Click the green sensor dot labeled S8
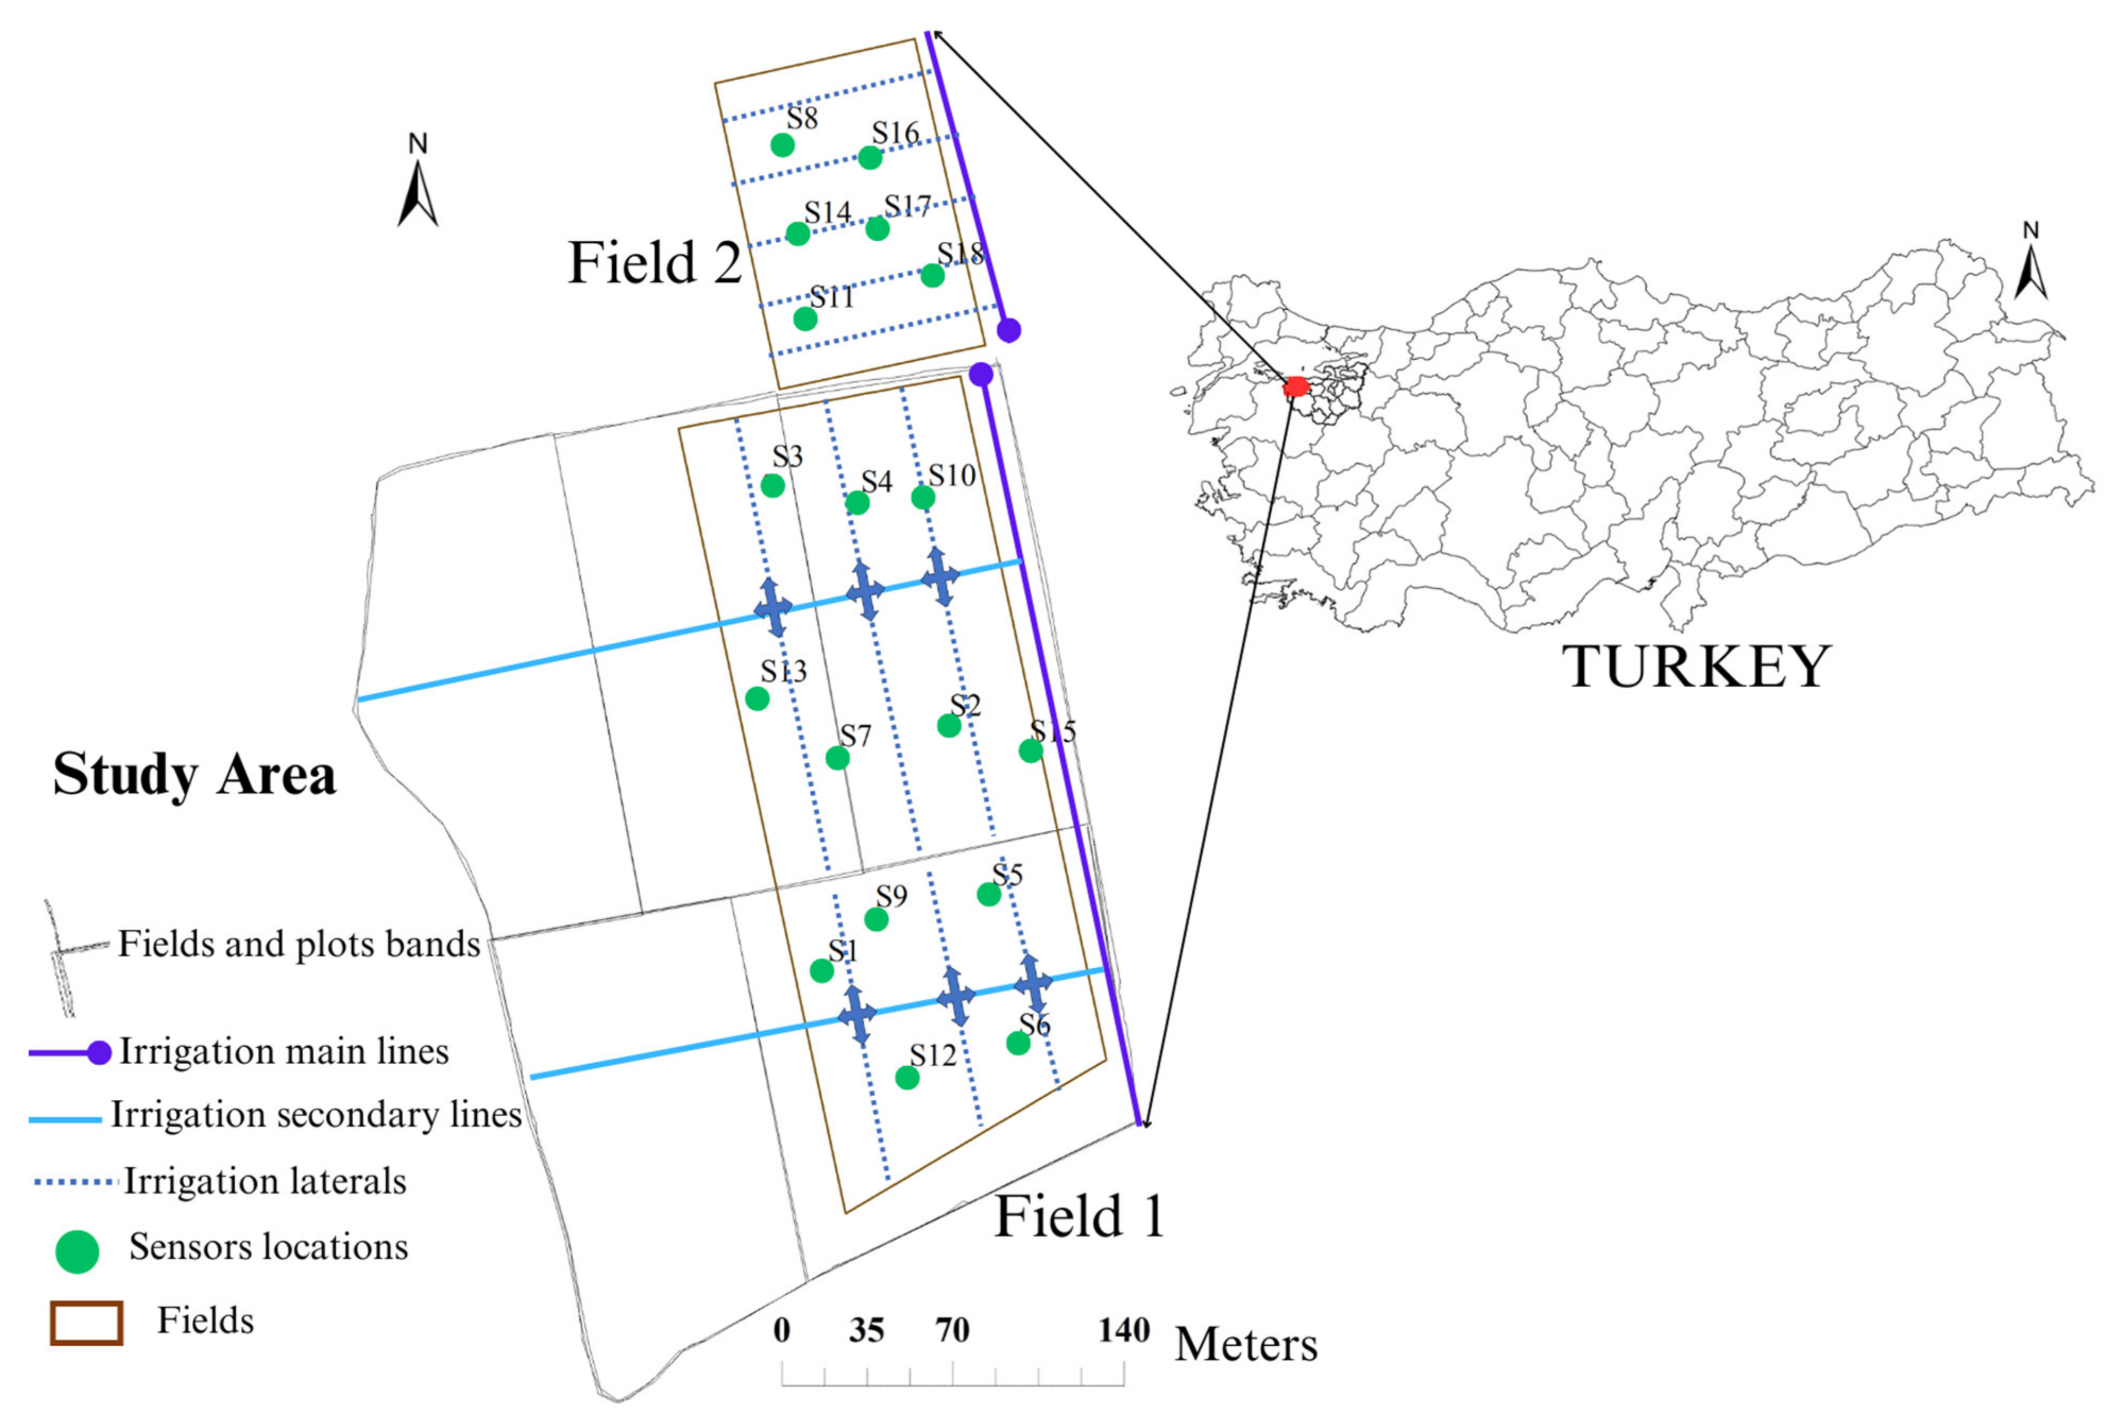tap(782, 145)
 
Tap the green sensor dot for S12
tap(906, 1077)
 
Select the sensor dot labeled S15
tap(1030, 750)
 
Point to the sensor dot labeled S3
tap(772, 486)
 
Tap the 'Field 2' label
tap(655, 263)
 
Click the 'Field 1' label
tap(1079, 1216)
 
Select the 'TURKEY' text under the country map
tap(1696, 667)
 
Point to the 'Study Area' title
tap(194, 775)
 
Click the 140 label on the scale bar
tap(1123, 1330)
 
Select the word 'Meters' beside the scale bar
tap(1246, 1344)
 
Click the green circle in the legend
tap(77, 1251)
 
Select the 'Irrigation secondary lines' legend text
tap(316, 1115)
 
